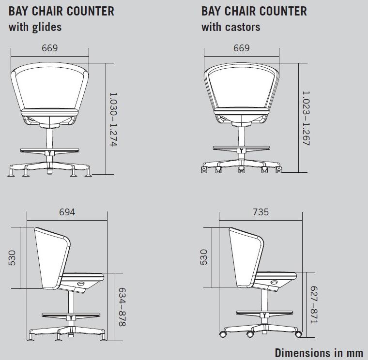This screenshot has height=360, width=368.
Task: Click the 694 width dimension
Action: [x=67, y=212]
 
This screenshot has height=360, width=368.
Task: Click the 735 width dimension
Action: [x=261, y=212]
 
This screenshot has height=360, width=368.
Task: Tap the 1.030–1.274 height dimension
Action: [x=114, y=120]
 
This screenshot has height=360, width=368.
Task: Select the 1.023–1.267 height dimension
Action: [x=306, y=118]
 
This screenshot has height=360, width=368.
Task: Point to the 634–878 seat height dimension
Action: [x=122, y=307]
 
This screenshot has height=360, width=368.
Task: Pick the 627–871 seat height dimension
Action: [x=314, y=305]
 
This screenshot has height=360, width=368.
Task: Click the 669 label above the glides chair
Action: [x=50, y=48]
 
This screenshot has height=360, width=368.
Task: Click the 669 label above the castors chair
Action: [x=242, y=48]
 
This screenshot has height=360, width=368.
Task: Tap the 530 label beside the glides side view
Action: [x=12, y=258]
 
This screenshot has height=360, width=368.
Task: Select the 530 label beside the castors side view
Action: [x=204, y=257]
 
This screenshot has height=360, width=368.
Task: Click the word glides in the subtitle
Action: [x=47, y=27]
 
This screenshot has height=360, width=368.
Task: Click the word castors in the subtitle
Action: [x=243, y=27]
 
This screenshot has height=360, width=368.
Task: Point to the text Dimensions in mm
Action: [x=319, y=352]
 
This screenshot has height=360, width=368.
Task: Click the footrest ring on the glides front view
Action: [x=49, y=150]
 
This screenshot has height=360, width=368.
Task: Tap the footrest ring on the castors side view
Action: [x=264, y=313]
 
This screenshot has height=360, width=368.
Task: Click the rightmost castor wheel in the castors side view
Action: [x=298, y=334]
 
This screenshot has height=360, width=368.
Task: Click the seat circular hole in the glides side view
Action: [x=81, y=284]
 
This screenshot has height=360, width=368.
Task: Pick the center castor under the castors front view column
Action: [x=242, y=169]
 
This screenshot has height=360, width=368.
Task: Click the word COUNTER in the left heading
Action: [x=91, y=11]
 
